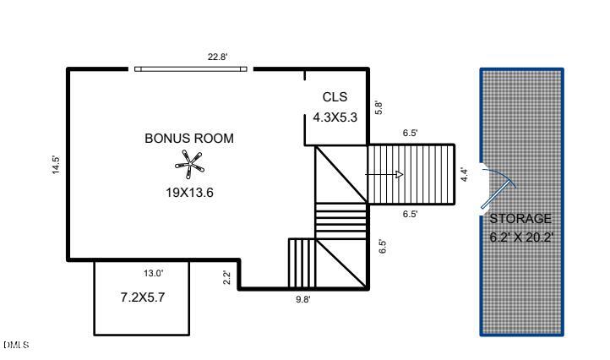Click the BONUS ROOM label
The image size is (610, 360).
pos(189,139)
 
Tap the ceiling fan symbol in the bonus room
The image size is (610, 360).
pos(189,162)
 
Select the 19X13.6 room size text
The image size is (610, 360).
pos(189,192)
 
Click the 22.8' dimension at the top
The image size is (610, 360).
pos(218,57)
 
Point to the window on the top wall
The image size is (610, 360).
pos(192,69)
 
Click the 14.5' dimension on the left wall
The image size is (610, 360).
pos(57,164)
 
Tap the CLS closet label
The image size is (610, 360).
pos(335,97)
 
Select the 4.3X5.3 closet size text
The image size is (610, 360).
pos(335,117)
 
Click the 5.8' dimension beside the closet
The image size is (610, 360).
pos(379,108)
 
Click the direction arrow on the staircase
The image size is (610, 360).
pos(385,174)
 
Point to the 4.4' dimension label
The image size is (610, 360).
pos(464,175)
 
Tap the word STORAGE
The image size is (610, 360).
pos(520,219)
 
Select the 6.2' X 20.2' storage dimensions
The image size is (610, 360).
pos(521,237)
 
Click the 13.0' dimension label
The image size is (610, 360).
pos(152,272)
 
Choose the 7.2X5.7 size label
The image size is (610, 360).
pos(141,297)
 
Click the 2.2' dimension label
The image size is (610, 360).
pos(227,276)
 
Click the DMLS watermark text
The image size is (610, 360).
pos(16,345)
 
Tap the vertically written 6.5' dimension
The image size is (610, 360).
pos(383,247)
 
